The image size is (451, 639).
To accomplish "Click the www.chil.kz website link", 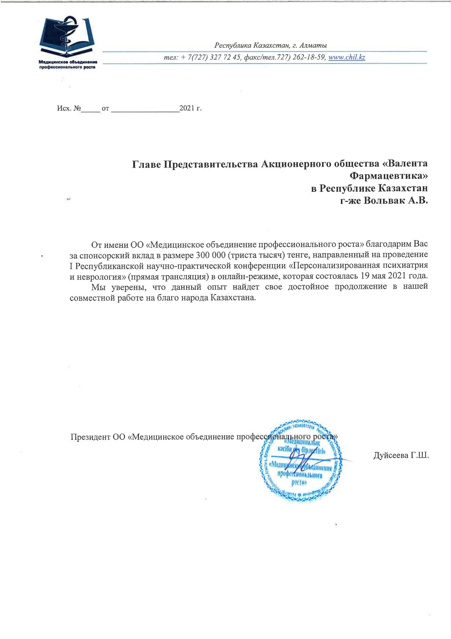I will click(346, 58).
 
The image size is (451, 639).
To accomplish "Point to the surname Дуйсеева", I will click(390, 455).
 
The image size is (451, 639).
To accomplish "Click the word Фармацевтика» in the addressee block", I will click(388, 176).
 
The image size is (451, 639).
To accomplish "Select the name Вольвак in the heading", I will click(384, 200).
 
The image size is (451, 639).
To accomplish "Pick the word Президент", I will click(90, 437).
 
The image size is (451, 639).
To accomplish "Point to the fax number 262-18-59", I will click(308, 58).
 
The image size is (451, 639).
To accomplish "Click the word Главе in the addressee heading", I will click(146, 164).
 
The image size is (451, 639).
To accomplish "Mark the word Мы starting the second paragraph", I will click(98, 287).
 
